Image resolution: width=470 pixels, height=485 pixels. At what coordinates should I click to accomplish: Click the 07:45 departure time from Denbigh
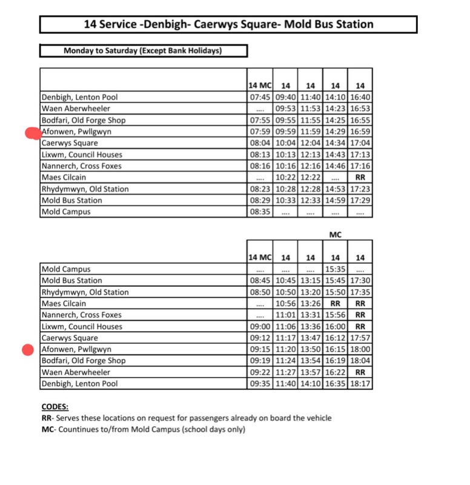[x=260, y=97]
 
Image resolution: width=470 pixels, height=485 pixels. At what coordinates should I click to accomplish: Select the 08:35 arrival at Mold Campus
[x=260, y=212]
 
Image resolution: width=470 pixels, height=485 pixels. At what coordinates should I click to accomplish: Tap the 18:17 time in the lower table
[x=360, y=384]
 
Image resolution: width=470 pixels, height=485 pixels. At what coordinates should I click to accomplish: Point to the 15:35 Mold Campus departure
[x=336, y=269]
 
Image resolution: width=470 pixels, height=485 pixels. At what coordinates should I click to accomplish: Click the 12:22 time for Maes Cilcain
[x=311, y=178]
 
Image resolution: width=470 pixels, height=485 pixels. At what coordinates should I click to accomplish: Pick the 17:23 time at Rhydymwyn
[x=360, y=189]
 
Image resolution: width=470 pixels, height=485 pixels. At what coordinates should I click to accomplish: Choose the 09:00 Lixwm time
[x=260, y=327]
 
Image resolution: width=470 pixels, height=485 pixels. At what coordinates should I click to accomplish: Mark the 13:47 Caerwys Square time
[x=311, y=338]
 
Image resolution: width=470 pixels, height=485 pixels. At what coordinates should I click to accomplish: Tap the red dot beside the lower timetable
[x=27, y=350]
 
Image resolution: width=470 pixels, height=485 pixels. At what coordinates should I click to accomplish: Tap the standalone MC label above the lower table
[x=336, y=233]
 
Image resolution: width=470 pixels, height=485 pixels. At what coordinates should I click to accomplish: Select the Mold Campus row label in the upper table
[x=66, y=212]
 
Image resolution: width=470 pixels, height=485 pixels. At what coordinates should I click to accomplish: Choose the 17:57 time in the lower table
[x=360, y=338]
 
